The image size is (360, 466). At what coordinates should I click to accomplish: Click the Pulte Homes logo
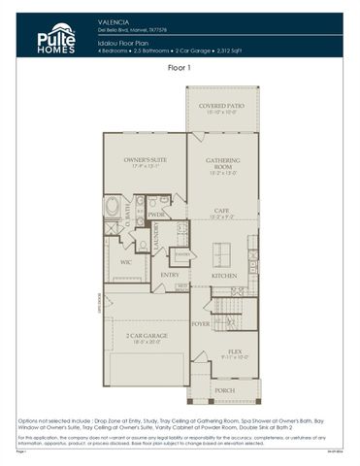(55, 37)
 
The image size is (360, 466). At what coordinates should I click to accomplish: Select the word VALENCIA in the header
(115, 19)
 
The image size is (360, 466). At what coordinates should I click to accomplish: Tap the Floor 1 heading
(180, 69)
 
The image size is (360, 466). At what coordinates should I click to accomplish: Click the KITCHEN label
(224, 276)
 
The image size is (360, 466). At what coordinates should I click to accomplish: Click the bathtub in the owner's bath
(112, 207)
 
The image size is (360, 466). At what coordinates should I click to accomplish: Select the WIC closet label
(126, 261)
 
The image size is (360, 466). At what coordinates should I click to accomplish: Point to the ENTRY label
(170, 275)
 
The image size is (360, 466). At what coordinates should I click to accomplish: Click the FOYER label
(201, 323)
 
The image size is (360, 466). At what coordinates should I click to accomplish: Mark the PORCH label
(223, 391)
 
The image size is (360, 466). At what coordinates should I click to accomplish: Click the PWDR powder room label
(155, 216)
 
